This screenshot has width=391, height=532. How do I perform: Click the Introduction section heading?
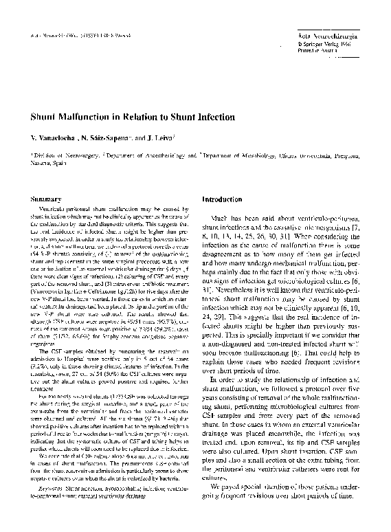223,199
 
